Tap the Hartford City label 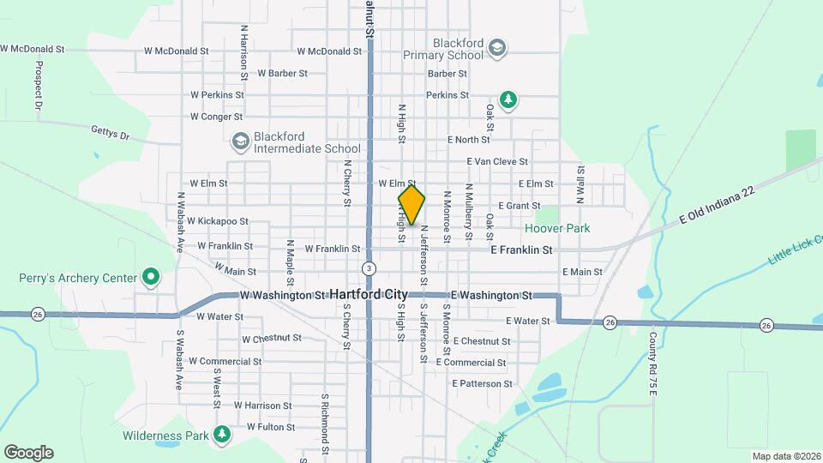click(x=369, y=294)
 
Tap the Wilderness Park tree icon click(x=222, y=435)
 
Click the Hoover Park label click(x=557, y=229)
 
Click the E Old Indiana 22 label click(x=718, y=207)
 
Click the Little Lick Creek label click(x=793, y=246)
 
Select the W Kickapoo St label click(x=218, y=221)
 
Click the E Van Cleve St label click(x=497, y=161)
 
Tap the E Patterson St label click(x=482, y=383)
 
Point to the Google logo click(x=28, y=452)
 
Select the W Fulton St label click(x=271, y=426)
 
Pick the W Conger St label click(x=216, y=117)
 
